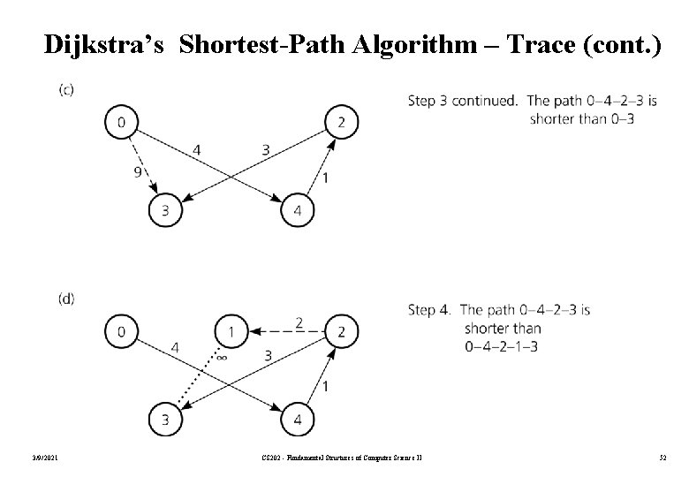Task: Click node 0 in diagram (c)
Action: [120, 122]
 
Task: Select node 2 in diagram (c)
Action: [342, 122]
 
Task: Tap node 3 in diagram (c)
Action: [164, 209]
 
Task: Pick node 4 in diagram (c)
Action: [297, 210]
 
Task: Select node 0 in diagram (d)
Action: [120, 331]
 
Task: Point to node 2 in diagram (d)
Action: [342, 331]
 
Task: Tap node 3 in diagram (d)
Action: [164, 419]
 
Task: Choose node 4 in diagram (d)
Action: [297, 419]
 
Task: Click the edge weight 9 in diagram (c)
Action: [138, 172]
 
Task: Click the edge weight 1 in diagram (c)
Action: [326, 178]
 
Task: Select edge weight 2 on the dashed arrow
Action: [299, 322]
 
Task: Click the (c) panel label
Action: [67, 89]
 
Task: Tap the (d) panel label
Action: [67, 299]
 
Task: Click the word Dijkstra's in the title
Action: [104, 45]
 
